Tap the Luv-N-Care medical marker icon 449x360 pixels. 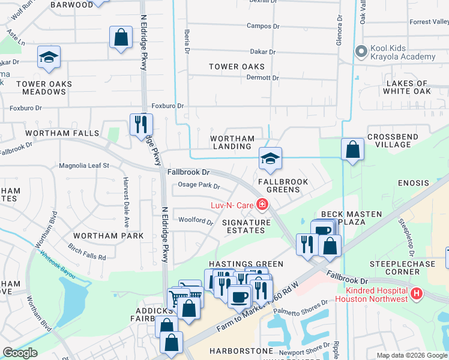(x=262, y=205)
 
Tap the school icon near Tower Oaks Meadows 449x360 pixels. (x=49, y=58)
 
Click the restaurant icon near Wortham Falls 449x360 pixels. (x=141, y=124)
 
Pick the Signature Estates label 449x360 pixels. (x=247, y=226)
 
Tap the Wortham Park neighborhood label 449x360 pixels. (x=109, y=236)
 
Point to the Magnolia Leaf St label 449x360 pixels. (x=84, y=166)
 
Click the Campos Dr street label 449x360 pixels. (x=263, y=26)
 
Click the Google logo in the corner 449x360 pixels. (x=20, y=353)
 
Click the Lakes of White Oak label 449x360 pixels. (x=407, y=88)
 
